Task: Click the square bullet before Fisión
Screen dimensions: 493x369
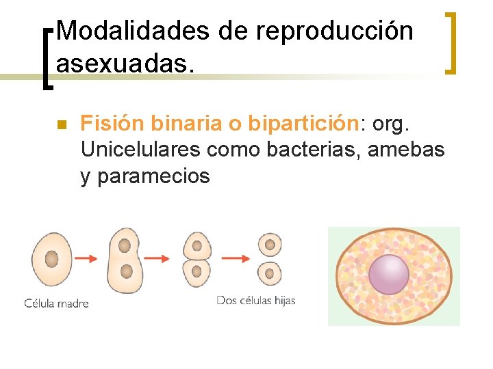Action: (60, 125)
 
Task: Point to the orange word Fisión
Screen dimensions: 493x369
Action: (112, 123)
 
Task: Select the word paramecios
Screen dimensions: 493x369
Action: (154, 176)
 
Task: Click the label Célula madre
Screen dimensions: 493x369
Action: (56, 303)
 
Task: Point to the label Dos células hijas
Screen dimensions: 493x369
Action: (255, 300)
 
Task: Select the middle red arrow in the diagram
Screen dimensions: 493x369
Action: (156, 258)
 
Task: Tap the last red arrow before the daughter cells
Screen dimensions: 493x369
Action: (236, 258)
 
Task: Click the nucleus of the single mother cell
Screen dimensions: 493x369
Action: (52, 258)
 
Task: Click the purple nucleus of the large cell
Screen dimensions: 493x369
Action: (388, 274)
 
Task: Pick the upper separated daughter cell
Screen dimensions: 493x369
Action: (269, 245)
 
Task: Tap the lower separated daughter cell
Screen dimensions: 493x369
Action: (269, 274)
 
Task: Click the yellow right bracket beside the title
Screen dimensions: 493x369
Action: (451, 42)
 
